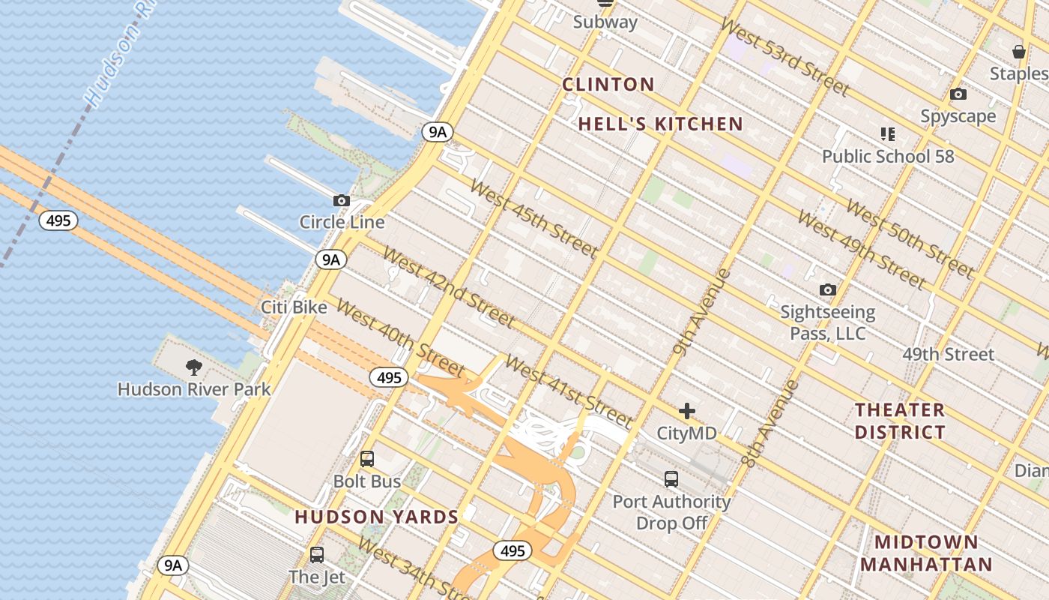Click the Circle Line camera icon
(x=342, y=201)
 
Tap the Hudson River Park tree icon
(x=194, y=367)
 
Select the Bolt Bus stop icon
(x=367, y=459)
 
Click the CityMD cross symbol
(x=687, y=411)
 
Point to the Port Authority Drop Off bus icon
(x=671, y=478)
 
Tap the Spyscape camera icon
(x=958, y=94)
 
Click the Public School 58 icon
(x=888, y=134)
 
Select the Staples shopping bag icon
(x=1018, y=52)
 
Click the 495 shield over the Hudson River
(x=58, y=220)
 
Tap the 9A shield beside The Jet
(x=173, y=565)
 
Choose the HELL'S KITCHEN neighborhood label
(x=661, y=124)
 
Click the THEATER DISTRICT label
(x=900, y=421)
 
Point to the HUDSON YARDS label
(x=376, y=517)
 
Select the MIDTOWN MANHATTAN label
(x=926, y=553)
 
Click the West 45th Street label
(x=533, y=217)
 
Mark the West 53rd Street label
(x=785, y=57)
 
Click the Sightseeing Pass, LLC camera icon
(x=828, y=290)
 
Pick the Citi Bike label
(x=294, y=307)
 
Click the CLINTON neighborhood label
(x=608, y=85)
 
